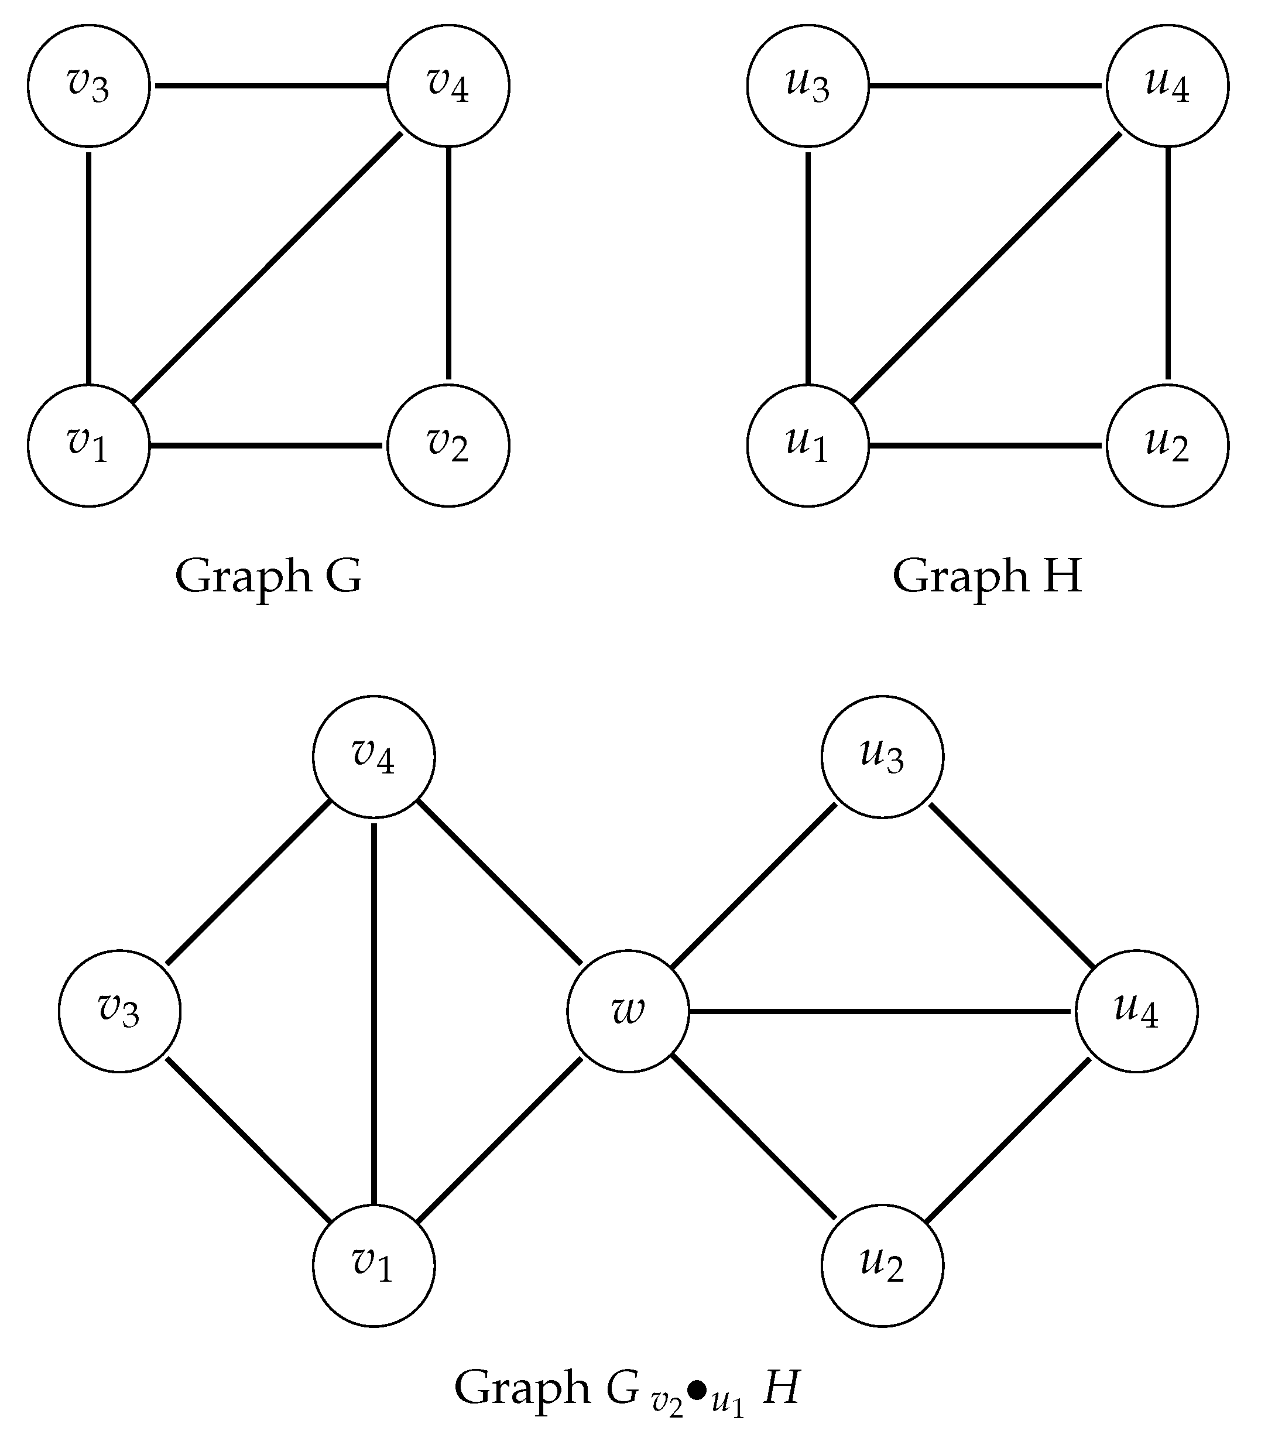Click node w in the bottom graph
628,1011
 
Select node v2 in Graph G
448,446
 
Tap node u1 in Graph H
808,446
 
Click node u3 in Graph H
808,86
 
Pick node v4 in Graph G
448,86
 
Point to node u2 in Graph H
1167,446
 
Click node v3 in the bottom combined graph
119,1011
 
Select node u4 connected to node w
1136,1011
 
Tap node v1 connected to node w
373,1265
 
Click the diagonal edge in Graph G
268,266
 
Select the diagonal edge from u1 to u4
987,266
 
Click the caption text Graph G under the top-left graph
268,576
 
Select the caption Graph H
987,576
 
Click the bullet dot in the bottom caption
697,1390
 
